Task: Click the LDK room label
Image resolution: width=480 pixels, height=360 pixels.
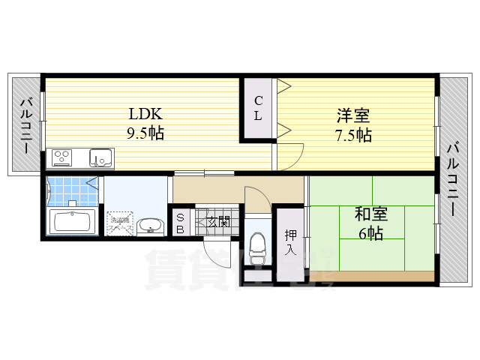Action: (145, 115)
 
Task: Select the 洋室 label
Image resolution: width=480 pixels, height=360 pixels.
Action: (352, 116)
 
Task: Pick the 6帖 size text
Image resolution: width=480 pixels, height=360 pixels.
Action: (370, 234)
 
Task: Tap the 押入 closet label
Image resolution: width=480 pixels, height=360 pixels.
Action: (290, 241)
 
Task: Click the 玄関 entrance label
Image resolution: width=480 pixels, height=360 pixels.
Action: (218, 221)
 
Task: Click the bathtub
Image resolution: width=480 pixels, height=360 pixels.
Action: (70, 222)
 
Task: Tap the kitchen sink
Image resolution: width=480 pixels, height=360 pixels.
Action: (100, 157)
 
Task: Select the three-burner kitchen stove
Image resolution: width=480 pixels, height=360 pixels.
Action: (62, 158)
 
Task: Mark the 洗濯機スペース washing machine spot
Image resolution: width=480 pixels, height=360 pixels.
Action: (118, 222)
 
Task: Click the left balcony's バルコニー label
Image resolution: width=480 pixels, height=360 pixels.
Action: (25, 124)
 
